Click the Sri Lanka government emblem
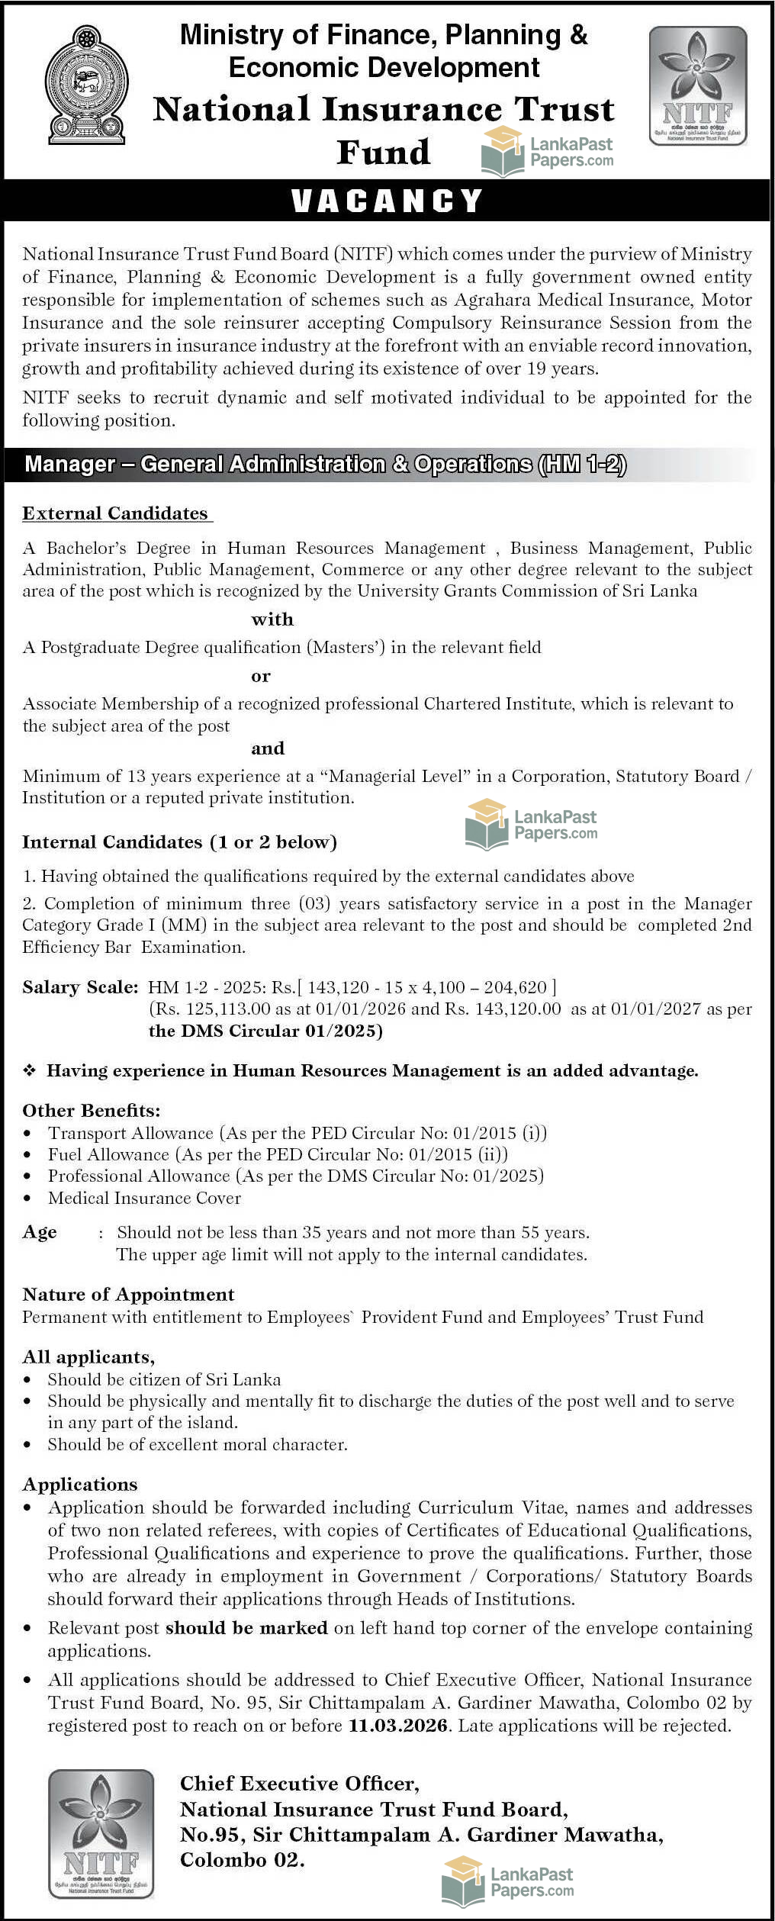(x=86, y=85)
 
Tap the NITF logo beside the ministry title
(x=697, y=85)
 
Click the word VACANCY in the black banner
(x=387, y=201)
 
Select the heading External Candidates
(x=115, y=513)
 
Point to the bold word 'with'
(x=272, y=619)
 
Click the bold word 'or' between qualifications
(x=261, y=676)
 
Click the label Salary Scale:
(x=80, y=987)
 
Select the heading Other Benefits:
(x=91, y=1110)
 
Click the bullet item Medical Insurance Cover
(x=144, y=1198)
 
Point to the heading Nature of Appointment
(x=128, y=1294)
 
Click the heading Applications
(x=80, y=1484)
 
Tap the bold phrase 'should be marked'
(x=246, y=1627)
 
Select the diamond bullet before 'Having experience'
(x=29, y=1070)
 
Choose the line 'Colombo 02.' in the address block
(x=242, y=1860)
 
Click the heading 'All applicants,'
(x=88, y=1356)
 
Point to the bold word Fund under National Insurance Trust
(x=383, y=152)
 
